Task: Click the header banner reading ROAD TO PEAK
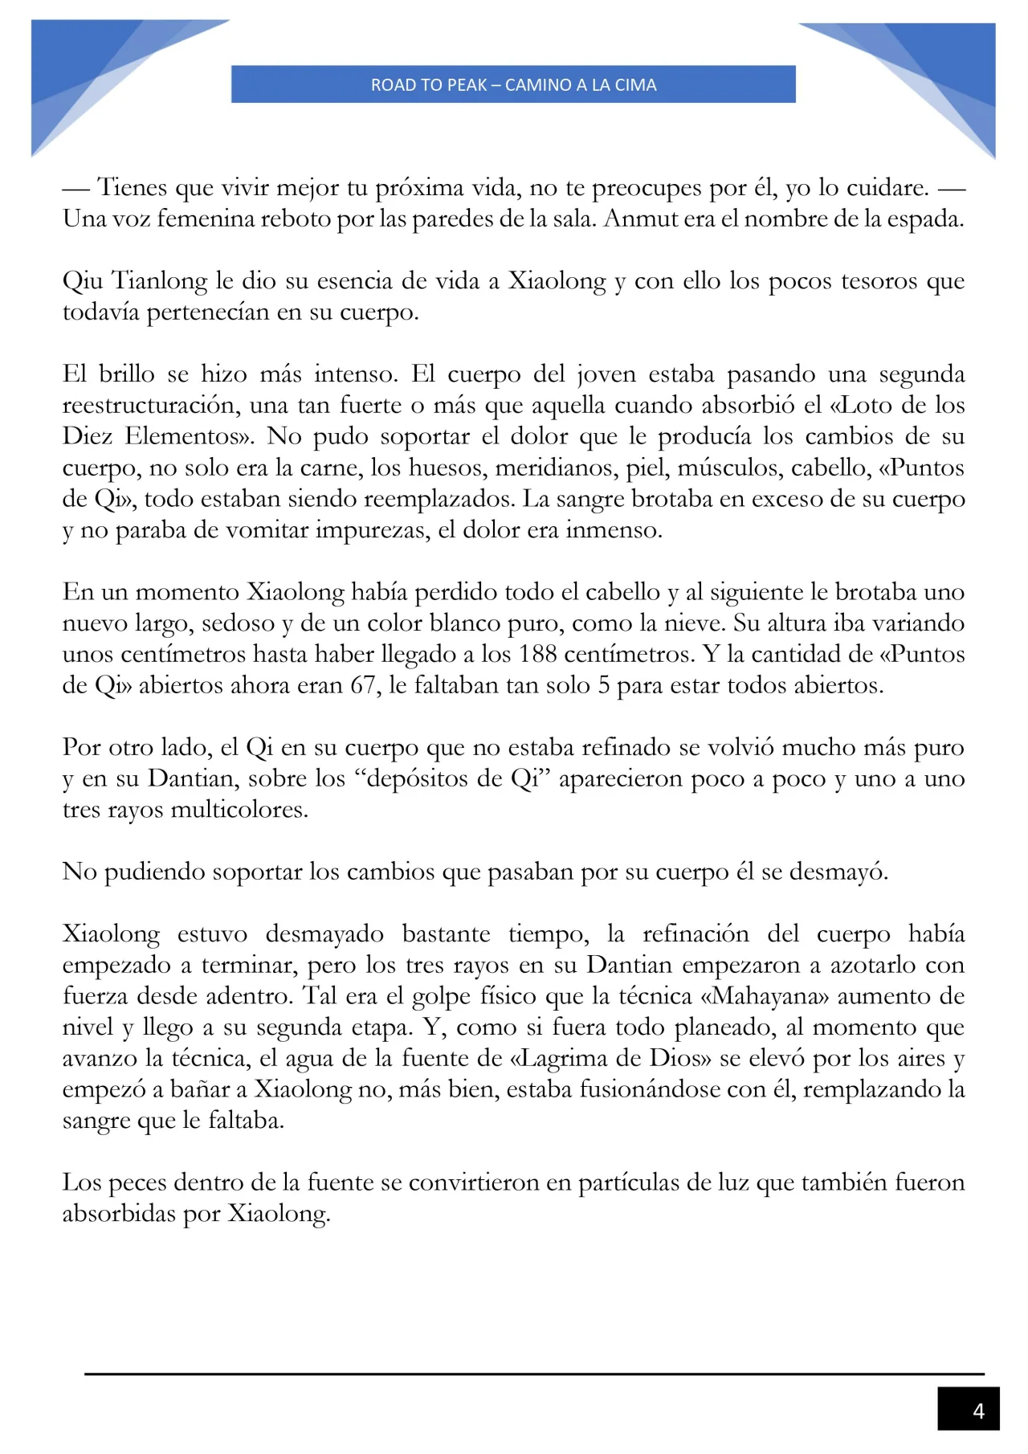[513, 84]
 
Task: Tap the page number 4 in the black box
[977, 1411]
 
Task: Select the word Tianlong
[159, 281]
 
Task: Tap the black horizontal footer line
[534, 1374]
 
